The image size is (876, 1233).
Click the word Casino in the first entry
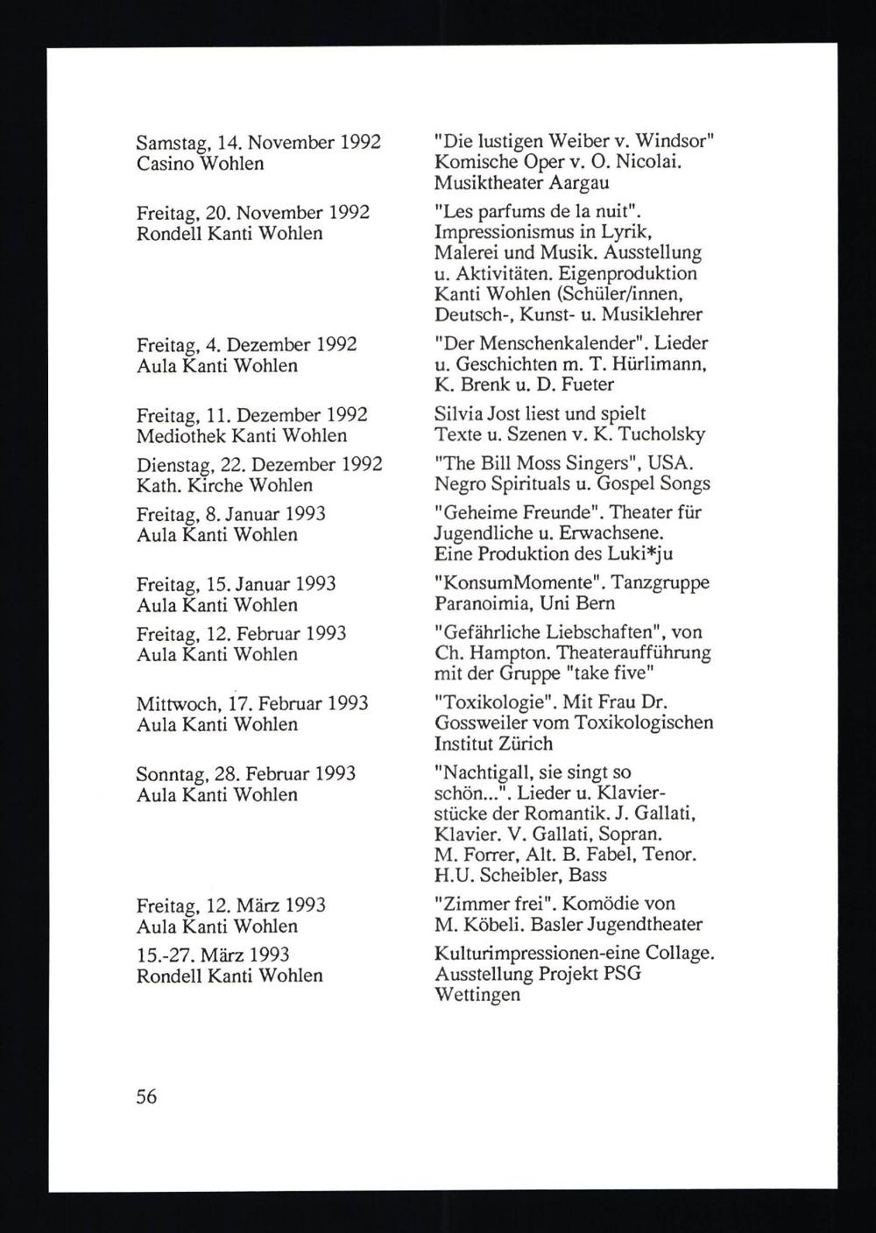pyautogui.click(x=166, y=164)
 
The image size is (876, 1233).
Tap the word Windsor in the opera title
pyautogui.click(x=670, y=142)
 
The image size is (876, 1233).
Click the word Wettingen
pyautogui.click(x=477, y=996)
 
